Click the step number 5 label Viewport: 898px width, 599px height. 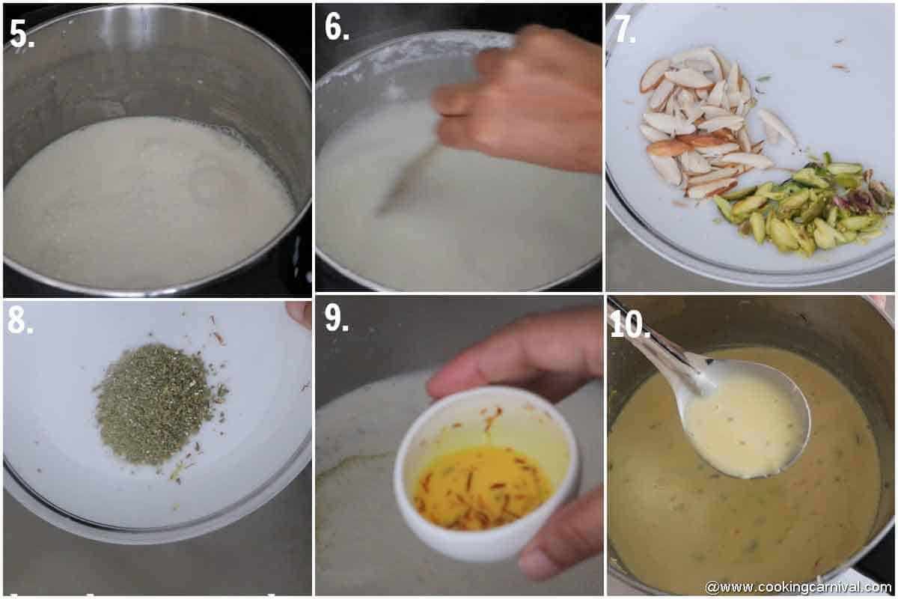pos(21,33)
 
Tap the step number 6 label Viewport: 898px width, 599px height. pos(336,27)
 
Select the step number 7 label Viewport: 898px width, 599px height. pos(625,28)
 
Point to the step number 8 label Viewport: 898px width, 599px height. pos(19,320)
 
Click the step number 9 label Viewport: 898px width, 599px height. pos(336,318)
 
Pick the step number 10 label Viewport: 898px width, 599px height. pos(629,324)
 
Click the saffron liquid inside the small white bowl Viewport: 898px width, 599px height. pos(479,487)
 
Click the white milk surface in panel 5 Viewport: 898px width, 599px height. pos(142,202)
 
